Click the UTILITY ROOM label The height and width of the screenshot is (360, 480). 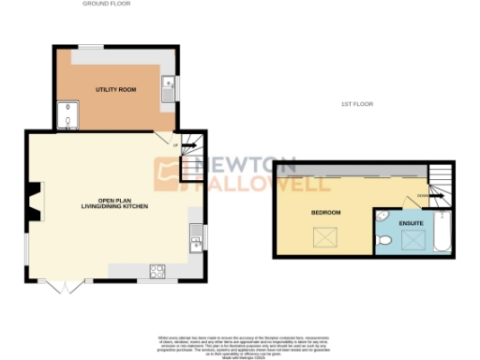click(116, 88)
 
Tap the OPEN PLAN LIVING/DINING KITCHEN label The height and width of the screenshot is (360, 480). click(114, 203)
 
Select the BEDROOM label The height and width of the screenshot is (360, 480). click(325, 213)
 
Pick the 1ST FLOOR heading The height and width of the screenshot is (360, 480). click(357, 103)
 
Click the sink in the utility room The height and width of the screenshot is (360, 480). click(166, 89)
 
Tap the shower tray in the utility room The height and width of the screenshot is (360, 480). click(67, 114)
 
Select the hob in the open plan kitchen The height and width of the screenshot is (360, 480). click(157, 272)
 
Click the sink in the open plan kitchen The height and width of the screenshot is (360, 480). click(196, 242)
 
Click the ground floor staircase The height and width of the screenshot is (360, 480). click(191, 157)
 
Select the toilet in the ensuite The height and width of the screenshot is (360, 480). click(385, 242)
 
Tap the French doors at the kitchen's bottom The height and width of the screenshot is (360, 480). click(62, 284)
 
